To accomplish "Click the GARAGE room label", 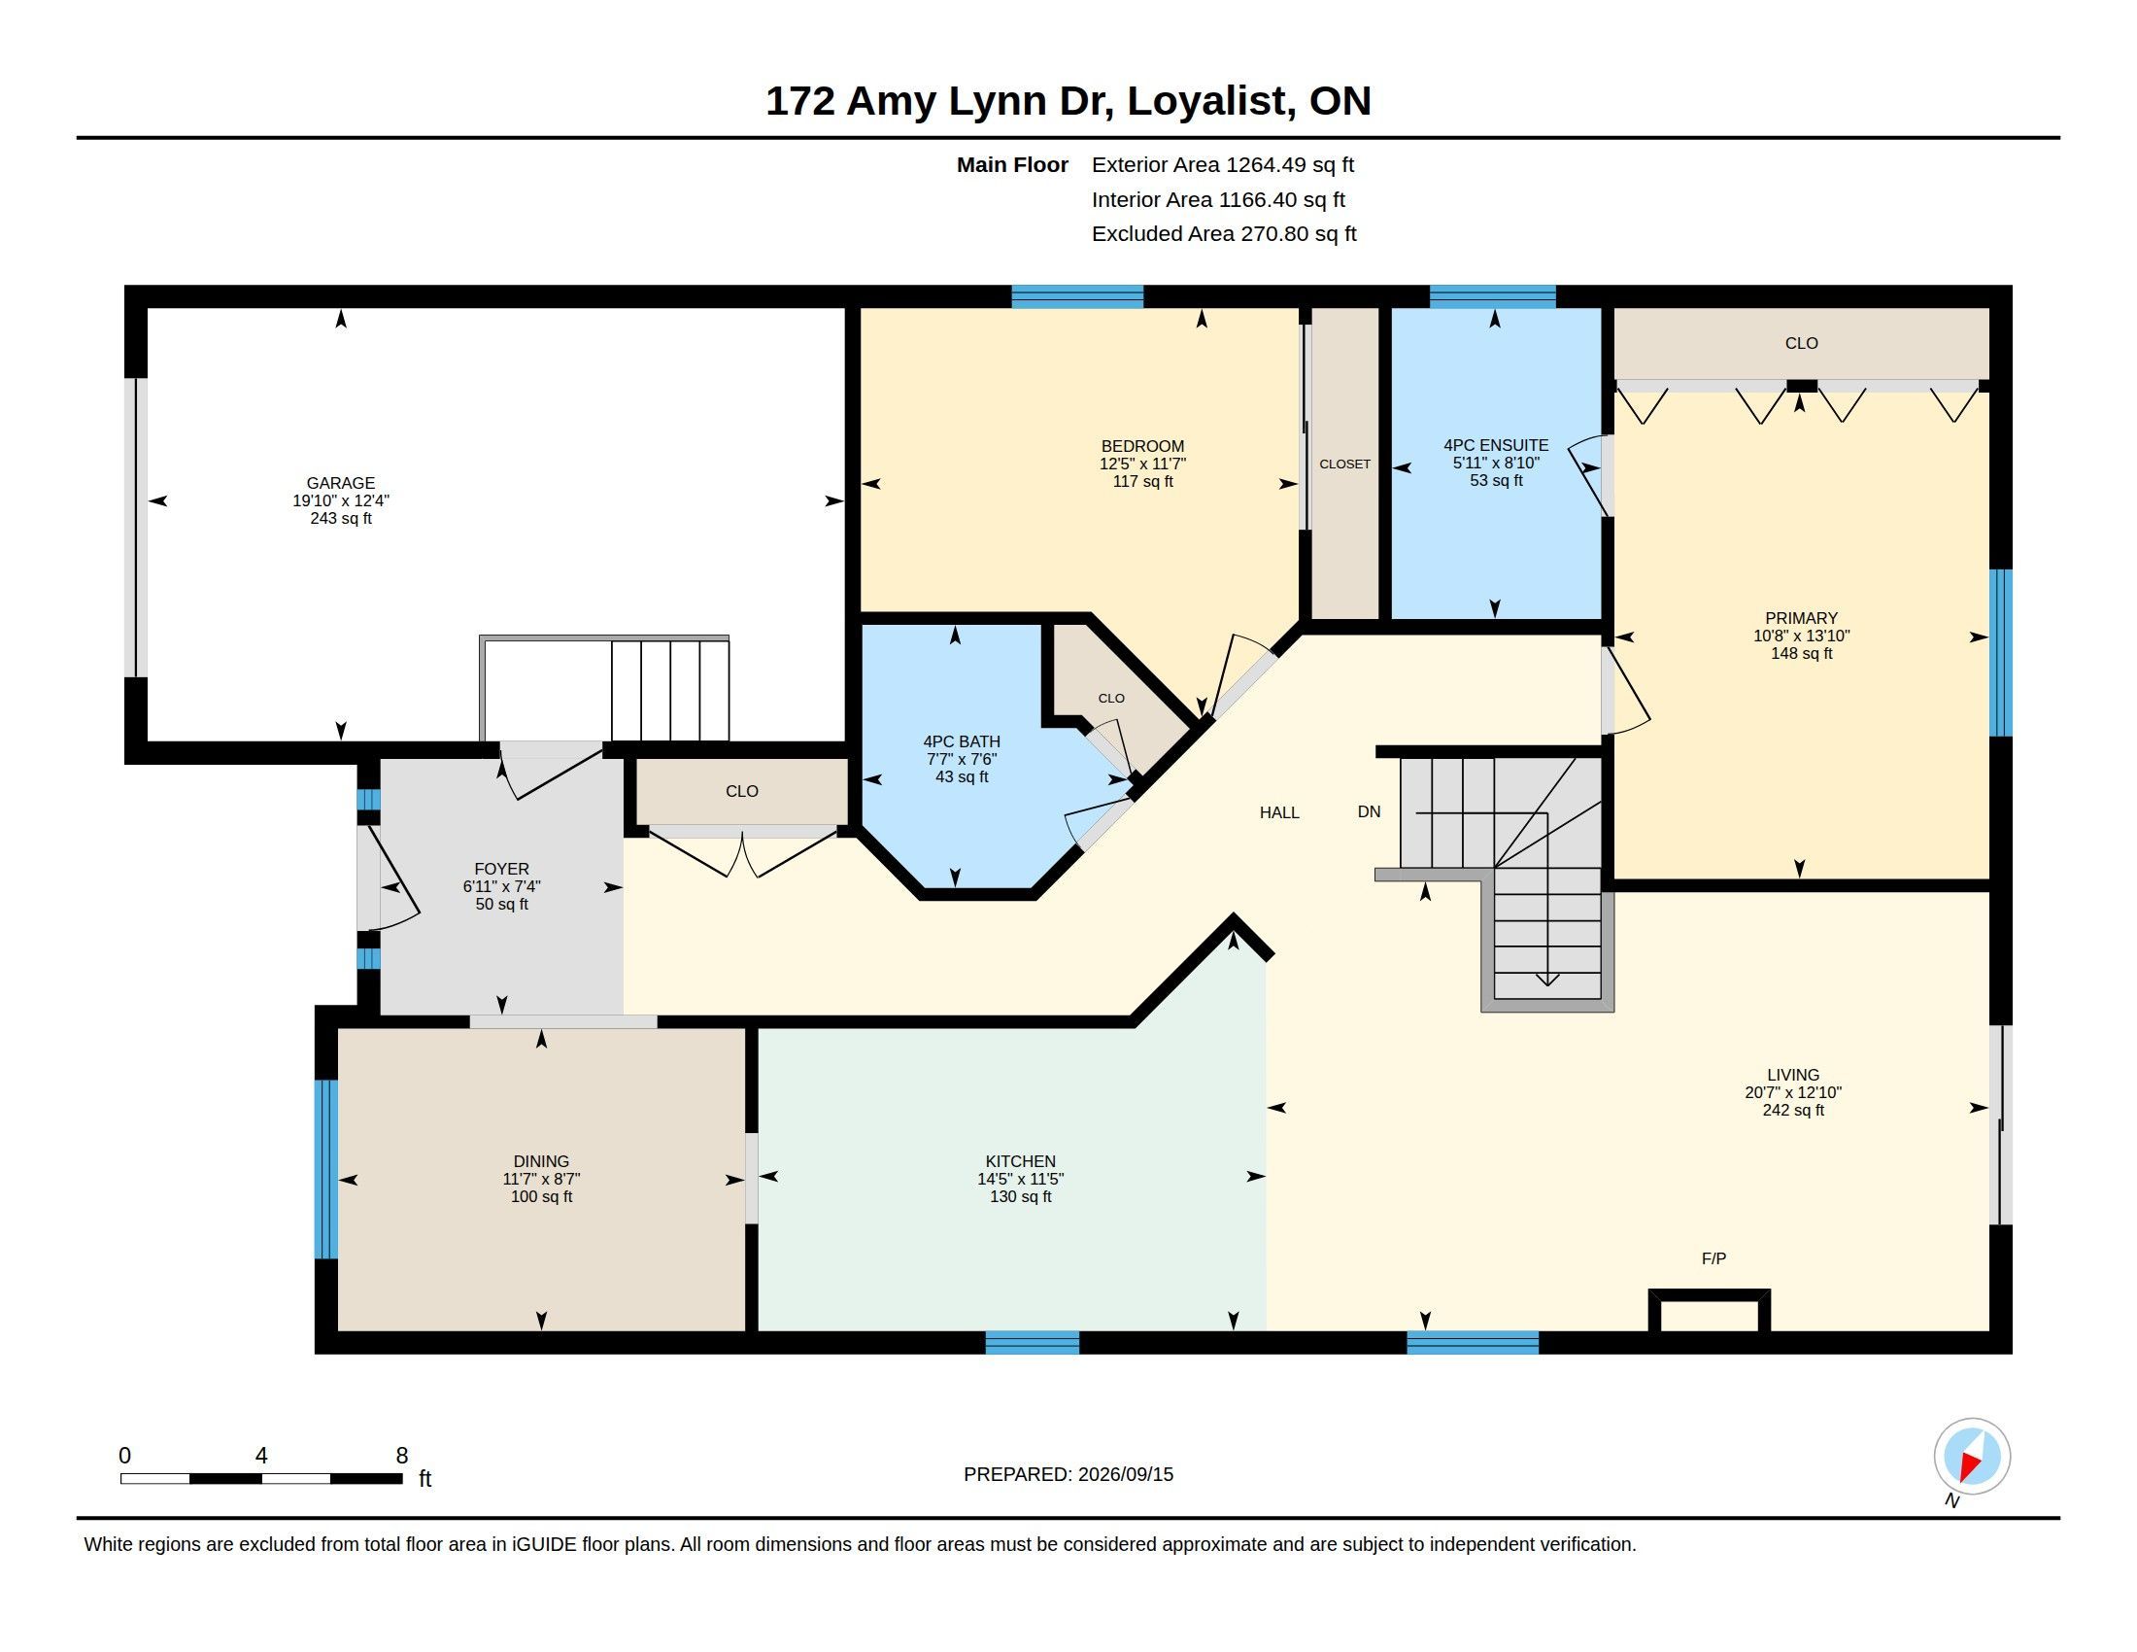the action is [341, 483].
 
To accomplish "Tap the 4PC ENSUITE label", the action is [1496, 445].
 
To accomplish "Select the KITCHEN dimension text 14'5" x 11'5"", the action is [1021, 1180].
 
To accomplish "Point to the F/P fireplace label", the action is [1713, 1258].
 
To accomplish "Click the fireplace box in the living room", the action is [1710, 1310].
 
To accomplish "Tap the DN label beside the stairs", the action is [1369, 811].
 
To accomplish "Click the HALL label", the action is [1279, 812].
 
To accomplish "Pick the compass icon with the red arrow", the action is [1972, 1457].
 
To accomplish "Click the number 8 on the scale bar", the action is [401, 1456].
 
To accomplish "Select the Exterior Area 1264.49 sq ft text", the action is [1223, 164].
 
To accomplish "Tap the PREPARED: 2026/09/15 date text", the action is [1068, 1474].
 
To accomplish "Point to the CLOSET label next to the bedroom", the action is [1344, 464].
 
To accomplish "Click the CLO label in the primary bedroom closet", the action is [1801, 343].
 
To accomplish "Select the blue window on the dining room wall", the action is [325, 1168].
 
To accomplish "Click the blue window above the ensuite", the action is [1492, 296].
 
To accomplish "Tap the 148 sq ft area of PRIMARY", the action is [1801, 654].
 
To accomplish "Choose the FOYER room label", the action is [502, 869].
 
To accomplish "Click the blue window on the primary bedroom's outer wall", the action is [2001, 653].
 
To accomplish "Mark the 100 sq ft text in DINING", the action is [541, 1197].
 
